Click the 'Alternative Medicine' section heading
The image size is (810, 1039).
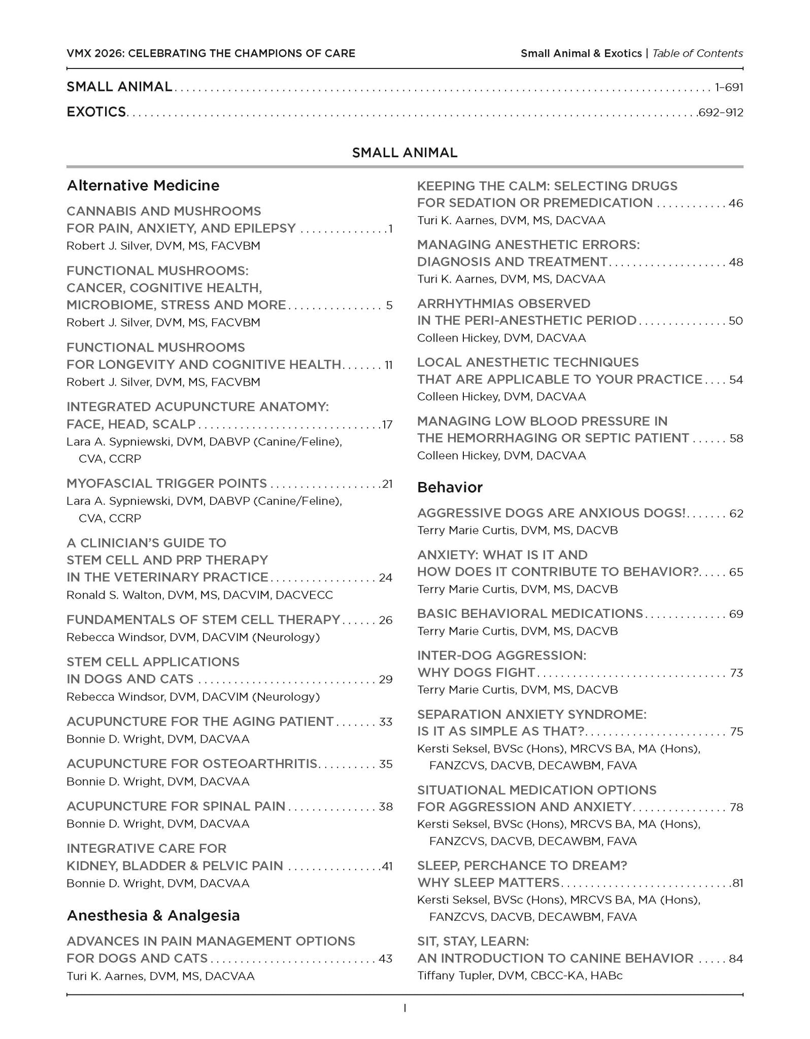click(x=143, y=186)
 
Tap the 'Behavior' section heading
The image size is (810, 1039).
click(x=450, y=488)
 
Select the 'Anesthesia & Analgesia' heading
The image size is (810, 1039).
click(x=153, y=916)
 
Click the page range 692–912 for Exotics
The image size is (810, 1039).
click(x=720, y=113)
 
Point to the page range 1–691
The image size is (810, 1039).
click(x=729, y=88)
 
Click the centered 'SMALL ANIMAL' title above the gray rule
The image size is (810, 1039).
click(x=404, y=153)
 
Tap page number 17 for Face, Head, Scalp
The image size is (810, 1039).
click(x=387, y=425)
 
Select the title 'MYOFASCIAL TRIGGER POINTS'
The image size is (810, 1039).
click(x=166, y=483)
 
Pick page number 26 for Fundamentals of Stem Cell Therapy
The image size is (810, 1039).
click(x=386, y=620)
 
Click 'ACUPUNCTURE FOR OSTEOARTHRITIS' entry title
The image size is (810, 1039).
click(x=192, y=764)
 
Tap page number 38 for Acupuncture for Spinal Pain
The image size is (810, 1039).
click(x=386, y=807)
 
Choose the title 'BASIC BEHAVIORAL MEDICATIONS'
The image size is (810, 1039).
click(x=530, y=614)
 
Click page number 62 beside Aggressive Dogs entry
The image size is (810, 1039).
click(x=736, y=513)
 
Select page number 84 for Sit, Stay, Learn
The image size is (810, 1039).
click(x=736, y=959)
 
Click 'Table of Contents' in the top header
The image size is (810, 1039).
click(x=697, y=53)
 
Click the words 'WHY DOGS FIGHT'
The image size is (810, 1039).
click(x=476, y=673)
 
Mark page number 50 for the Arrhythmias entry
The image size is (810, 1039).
click(x=736, y=321)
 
